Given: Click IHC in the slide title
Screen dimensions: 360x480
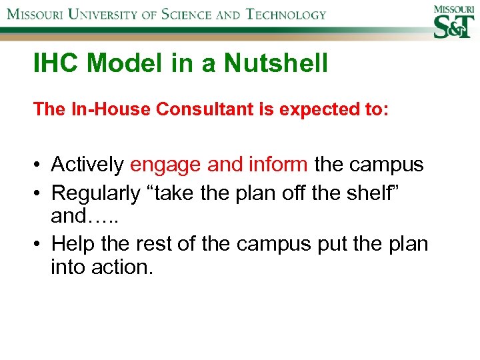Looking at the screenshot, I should [57, 64].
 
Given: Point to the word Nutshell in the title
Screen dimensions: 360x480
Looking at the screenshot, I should [276, 64].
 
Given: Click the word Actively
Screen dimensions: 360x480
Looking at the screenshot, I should [87, 164].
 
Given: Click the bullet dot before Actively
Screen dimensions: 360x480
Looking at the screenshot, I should [39, 165].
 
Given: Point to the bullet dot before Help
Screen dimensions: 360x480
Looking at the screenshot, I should [39, 245].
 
